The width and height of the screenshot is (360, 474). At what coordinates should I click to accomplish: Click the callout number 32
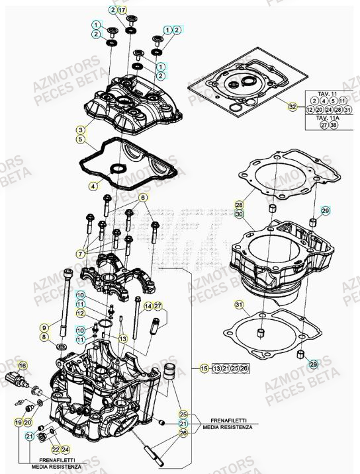[292, 106]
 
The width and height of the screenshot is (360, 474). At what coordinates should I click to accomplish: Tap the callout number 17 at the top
[122, 10]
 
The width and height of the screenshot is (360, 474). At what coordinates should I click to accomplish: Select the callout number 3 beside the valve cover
[79, 130]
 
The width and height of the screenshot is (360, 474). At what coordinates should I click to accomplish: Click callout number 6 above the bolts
[142, 198]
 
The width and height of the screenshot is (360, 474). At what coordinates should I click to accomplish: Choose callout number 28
[239, 205]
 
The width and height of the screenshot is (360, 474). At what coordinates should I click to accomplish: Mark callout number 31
[239, 305]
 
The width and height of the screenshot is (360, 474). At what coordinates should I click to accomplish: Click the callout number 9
[44, 327]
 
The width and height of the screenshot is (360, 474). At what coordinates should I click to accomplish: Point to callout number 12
[80, 313]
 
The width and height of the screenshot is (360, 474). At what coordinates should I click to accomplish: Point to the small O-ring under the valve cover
[117, 170]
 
